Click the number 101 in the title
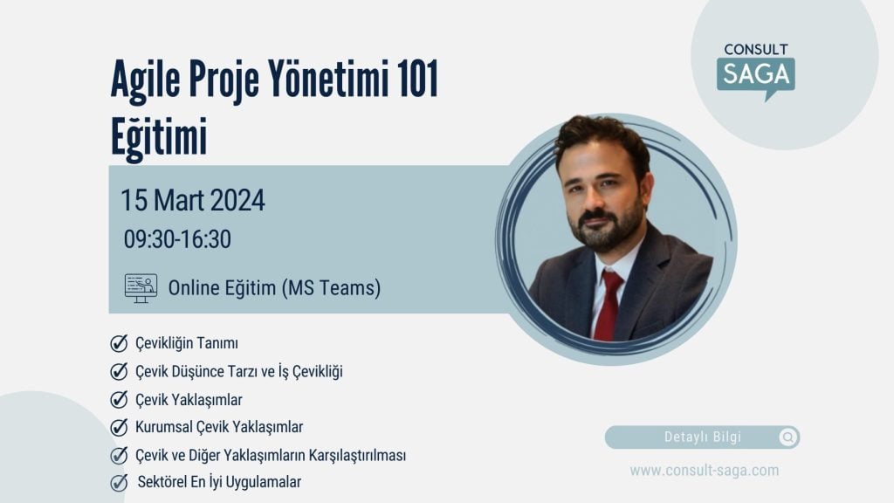pyautogui.click(x=418, y=78)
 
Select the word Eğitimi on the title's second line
pyautogui.click(x=159, y=137)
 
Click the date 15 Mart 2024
pyautogui.click(x=193, y=200)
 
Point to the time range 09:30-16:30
pyautogui.click(x=177, y=239)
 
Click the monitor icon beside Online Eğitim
pyautogui.click(x=141, y=288)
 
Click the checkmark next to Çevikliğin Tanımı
pyautogui.click(x=119, y=343)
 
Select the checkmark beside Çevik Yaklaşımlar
pyautogui.click(x=119, y=399)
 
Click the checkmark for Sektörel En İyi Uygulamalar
pyautogui.click(x=119, y=482)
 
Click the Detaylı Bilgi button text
pyautogui.click(x=703, y=438)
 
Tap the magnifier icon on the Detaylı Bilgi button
pyautogui.click(x=788, y=438)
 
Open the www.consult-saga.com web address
pyautogui.click(x=705, y=471)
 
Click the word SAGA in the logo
pyautogui.click(x=756, y=74)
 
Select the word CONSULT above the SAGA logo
pyautogui.click(x=756, y=50)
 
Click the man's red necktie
pyautogui.click(x=608, y=305)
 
